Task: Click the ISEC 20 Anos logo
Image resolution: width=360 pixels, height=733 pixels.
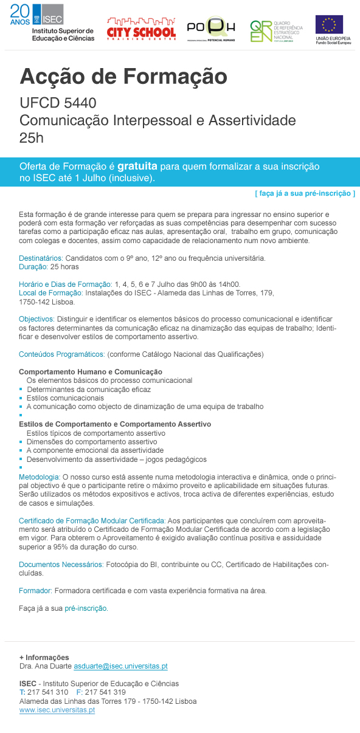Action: [x=52, y=22]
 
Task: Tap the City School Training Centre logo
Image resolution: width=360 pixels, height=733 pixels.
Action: [x=141, y=27]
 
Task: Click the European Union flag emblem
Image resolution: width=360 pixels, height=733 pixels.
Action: [x=329, y=25]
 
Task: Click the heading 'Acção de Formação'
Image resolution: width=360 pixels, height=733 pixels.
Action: [x=123, y=77]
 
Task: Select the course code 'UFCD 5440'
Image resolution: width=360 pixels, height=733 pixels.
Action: [x=58, y=103]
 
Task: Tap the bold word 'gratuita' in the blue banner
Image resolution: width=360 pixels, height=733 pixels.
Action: [x=137, y=166]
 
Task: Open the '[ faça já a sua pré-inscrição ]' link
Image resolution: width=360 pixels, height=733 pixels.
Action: [x=305, y=193]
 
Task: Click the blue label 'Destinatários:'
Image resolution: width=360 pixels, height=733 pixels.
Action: [x=41, y=258]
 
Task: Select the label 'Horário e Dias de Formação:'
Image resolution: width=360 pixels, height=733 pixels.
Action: [x=66, y=284]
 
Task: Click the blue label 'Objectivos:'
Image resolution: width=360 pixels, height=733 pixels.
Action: [x=36, y=319]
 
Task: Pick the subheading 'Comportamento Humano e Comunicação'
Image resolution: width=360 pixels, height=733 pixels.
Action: [x=91, y=371]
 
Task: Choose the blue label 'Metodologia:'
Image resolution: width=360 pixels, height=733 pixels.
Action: [x=40, y=477]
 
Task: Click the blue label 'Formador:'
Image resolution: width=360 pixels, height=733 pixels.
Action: [x=36, y=590]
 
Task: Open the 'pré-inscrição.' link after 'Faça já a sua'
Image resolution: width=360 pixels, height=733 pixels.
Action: [x=86, y=608]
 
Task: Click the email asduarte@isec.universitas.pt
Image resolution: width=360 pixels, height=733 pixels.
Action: [x=120, y=666]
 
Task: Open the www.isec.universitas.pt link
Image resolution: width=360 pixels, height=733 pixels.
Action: [x=57, y=710]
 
